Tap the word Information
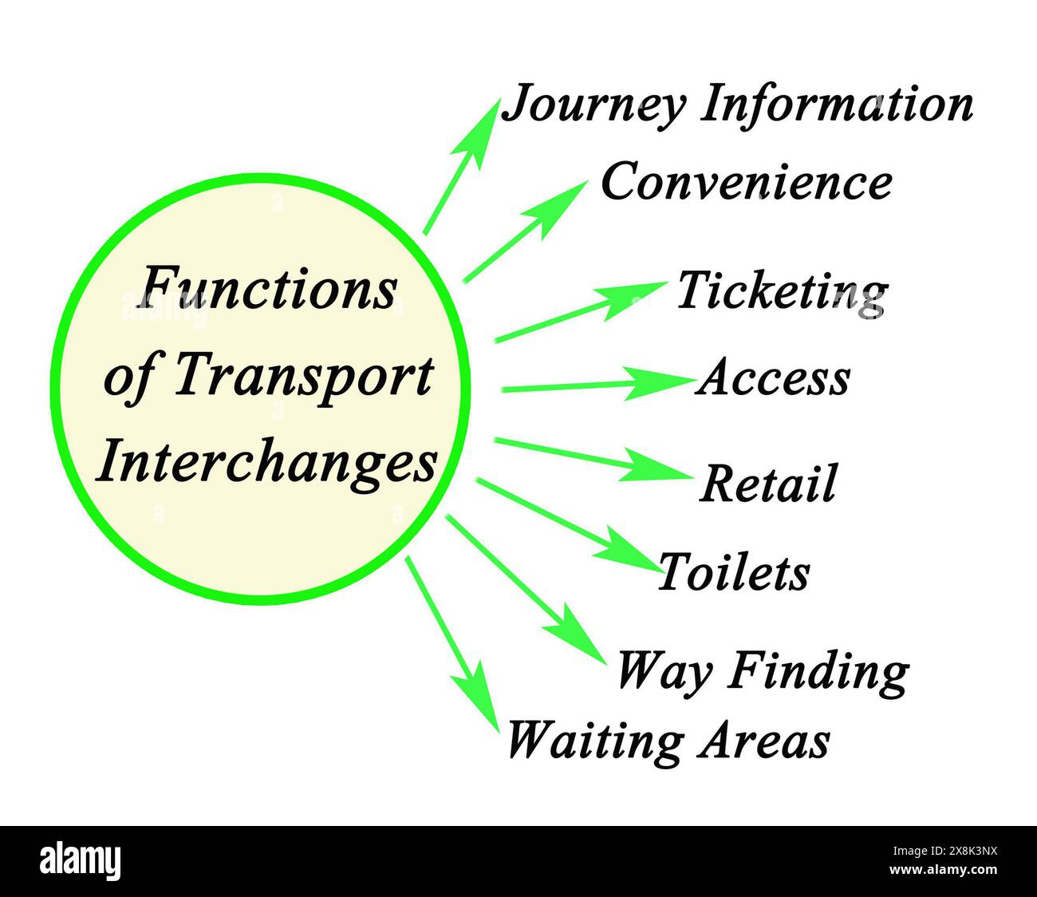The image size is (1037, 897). (x=836, y=104)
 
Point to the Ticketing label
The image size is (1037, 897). (x=782, y=294)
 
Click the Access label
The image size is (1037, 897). (x=773, y=377)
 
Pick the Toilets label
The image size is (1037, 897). (x=733, y=571)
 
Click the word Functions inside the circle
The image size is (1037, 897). (x=268, y=290)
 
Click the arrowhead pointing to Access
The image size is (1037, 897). (x=658, y=383)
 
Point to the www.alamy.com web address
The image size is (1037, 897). (x=943, y=869)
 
